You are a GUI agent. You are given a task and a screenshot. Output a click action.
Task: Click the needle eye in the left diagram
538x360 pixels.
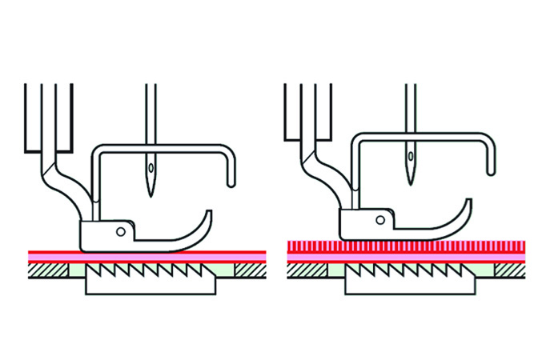point(148,170)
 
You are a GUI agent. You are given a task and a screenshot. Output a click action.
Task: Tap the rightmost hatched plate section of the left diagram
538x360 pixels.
point(247,271)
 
